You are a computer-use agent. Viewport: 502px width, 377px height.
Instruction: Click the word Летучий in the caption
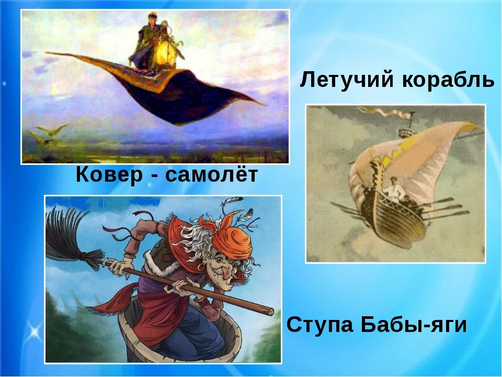point(346,80)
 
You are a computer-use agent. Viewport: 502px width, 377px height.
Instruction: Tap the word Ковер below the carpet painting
point(109,175)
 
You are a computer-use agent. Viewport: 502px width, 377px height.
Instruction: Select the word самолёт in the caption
point(212,175)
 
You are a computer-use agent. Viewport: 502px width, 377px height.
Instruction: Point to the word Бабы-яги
point(414,325)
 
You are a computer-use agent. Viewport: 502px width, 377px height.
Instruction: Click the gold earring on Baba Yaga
point(200,267)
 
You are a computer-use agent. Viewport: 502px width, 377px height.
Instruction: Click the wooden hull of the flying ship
point(393,218)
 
